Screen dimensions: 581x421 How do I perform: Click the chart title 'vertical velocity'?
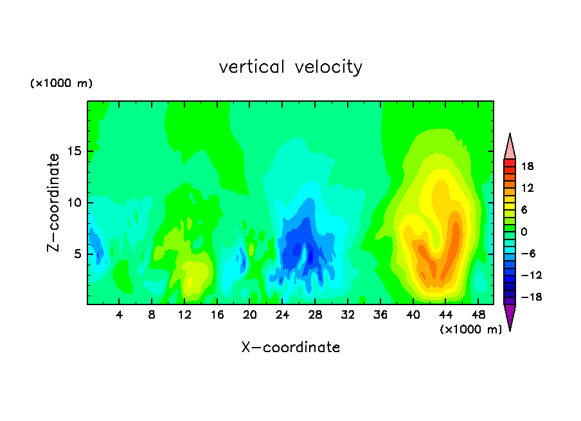click(290, 67)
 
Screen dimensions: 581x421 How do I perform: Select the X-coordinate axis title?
click(290, 347)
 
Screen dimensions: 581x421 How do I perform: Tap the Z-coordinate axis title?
click(53, 203)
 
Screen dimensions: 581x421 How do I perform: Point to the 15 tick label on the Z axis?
click(74, 151)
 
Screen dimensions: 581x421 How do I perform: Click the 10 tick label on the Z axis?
click(74, 203)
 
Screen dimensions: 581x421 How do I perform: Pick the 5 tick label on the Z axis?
click(78, 254)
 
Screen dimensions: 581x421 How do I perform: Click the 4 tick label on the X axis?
click(119, 315)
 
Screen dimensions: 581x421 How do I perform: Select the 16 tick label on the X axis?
click(217, 315)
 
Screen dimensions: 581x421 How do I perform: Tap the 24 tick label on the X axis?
click(282, 315)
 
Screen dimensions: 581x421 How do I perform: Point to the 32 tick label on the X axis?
click(348, 315)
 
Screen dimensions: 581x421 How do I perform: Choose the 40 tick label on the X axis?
click(413, 315)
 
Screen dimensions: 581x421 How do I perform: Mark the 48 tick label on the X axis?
click(478, 315)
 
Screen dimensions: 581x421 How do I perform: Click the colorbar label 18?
click(527, 166)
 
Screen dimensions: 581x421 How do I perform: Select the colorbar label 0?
click(524, 232)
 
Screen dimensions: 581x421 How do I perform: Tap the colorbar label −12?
click(532, 275)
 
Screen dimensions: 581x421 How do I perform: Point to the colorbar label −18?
click(532, 297)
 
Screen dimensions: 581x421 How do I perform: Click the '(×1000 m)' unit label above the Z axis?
click(61, 83)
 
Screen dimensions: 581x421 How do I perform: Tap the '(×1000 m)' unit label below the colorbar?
click(470, 329)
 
